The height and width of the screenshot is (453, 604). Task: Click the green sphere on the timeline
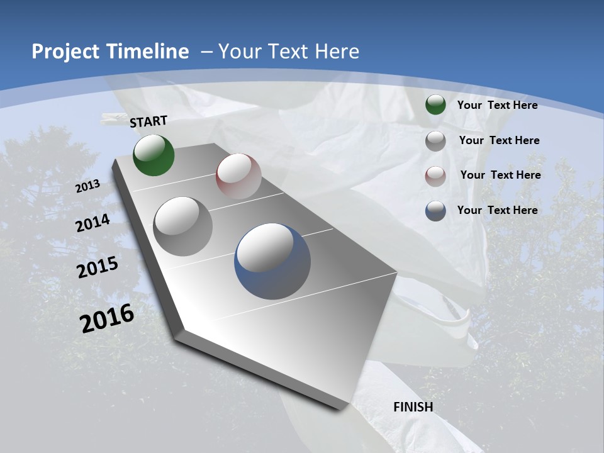click(154, 155)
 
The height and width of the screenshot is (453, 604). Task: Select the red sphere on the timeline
click(238, 176)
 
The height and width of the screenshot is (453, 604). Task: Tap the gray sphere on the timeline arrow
click(183, 226)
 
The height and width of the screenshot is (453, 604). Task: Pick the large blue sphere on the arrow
click(272, 261)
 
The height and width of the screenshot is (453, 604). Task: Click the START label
click(148, 121)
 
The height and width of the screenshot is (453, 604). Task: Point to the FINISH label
click(413, 407)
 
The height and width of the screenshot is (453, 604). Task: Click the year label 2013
click(87, 186)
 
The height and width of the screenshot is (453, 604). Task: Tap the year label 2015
click(98, 267)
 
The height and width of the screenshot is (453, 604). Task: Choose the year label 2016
click(107, 318)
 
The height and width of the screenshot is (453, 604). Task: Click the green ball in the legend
click(435, 105)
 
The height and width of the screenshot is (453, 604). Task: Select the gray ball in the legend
click(435, 141)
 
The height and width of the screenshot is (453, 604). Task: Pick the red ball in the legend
click(435, 176)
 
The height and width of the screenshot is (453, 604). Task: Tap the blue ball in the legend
click(435, 211)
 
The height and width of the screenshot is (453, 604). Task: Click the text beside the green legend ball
click(497, 105)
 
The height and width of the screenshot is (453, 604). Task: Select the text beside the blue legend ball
click(497, 210)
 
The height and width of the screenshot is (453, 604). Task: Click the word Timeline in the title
click(148, 52)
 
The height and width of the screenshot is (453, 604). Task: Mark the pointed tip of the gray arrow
click(343, 407)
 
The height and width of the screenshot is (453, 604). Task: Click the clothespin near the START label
click(115, 118)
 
